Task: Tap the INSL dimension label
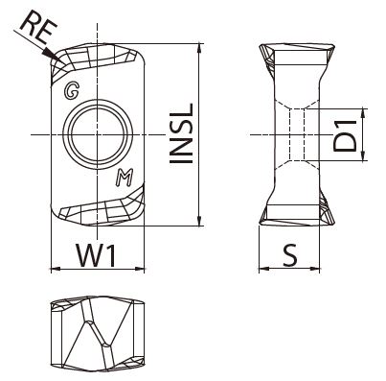[181, 133]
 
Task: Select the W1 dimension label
[96, 255]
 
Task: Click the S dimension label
[290, 256]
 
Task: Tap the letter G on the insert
[72, 91]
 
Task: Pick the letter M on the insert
[125, 179]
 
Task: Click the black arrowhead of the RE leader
[54, 56]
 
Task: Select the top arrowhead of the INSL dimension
[199, 49]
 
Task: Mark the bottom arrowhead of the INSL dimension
[199, 221]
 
